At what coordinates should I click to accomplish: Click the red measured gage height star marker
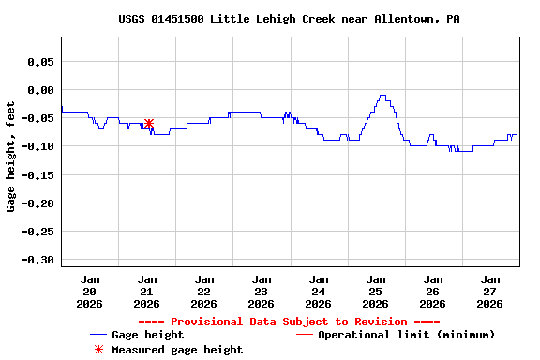coord(149,123)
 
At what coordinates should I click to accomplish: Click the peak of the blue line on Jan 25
coord(382,96)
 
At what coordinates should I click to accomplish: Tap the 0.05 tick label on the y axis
coord(40,62)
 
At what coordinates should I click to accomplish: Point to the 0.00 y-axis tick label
coord(40,90)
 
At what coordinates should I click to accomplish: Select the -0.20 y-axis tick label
coord(37,203)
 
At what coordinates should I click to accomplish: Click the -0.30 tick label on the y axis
coord(37,260)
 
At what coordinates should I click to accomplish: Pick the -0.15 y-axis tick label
coord(37,175)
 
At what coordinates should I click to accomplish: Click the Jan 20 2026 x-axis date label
coord(90,292)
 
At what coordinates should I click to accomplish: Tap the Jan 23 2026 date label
coord(262,292)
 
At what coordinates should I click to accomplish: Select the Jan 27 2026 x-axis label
coord(489,292)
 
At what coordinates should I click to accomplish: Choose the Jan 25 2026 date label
coord(375,292)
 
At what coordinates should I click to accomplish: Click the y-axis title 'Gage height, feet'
coord(11,157)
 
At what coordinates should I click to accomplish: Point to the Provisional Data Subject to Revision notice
coord(290,322)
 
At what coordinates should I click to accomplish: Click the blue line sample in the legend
coord(98,335)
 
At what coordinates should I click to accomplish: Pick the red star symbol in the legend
coord(98,350)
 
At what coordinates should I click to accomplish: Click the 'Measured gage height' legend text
coord(177,350)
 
